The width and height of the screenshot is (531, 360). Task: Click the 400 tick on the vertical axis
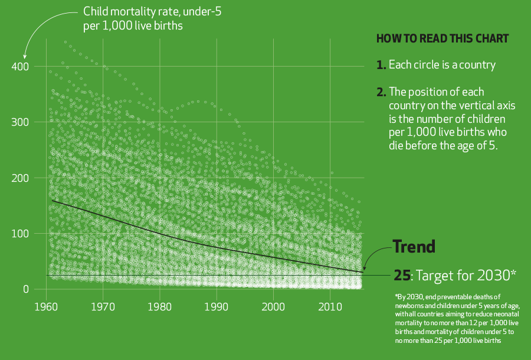(20, 66)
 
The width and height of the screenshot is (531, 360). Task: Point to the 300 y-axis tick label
(20, 122)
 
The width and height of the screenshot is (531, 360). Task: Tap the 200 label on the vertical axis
(20, 178)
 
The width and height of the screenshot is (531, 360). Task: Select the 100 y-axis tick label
(20, 234)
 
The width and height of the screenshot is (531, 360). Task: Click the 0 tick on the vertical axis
(25, 289)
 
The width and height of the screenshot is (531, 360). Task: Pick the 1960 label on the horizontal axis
(46, 307)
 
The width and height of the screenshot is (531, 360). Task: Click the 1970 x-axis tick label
(103, 307)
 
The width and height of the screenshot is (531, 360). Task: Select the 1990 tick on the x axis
(216, 307)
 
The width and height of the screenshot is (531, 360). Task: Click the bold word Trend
(414, 247)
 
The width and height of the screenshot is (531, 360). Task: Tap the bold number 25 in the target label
(401, 275)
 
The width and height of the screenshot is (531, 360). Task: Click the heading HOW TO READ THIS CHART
(442, 39)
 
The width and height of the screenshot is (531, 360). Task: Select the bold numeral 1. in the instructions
(381, 65)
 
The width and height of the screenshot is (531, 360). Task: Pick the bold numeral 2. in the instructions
(381, 92)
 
